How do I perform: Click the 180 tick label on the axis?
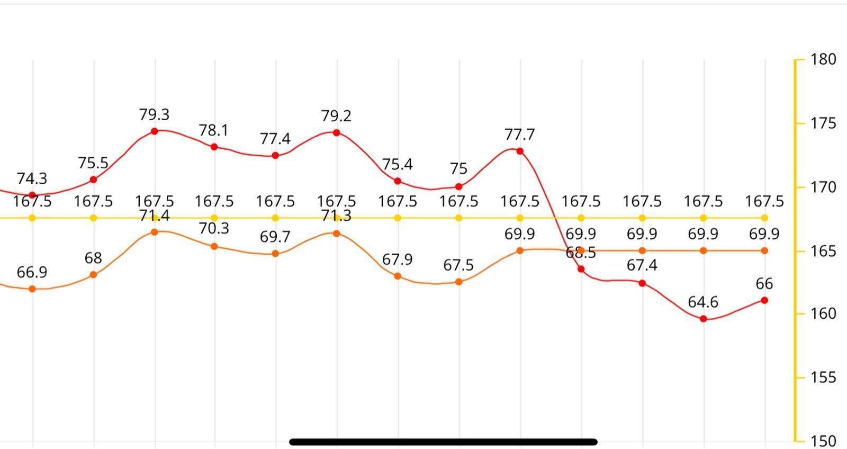pos(823,59)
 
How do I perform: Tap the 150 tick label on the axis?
pos(823,441)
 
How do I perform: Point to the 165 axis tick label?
pos(823,251)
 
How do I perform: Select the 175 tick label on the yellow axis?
pos(823,123)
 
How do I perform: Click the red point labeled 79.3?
pos(155,131)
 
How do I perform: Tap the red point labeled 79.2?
pos(337,133)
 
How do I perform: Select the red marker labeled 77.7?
pos(520,151)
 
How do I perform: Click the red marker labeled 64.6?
pos(704,319)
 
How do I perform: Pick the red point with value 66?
pos(764,300)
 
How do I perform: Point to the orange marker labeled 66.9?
pos(32,289)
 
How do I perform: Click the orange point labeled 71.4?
pos(155,232)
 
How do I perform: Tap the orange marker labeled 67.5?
pos(459,282)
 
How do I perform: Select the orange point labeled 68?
pos(94,275)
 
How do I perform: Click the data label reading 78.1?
pos(214,130)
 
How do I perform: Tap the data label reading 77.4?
pos(275,139)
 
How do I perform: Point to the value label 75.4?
pos(398,165)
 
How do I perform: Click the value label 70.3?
pos(214,228)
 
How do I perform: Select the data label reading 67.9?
pos(398,259)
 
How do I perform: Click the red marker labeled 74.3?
pos(32,195)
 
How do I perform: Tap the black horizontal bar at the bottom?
pos(444,442)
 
